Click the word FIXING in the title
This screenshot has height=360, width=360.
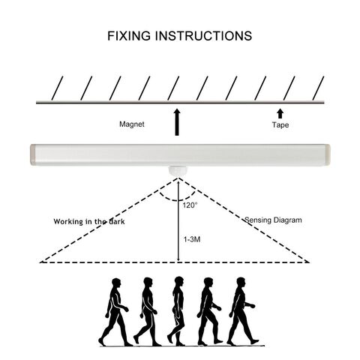129,36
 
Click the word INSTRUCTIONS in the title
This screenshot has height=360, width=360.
203,36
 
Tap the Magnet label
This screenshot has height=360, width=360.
132,124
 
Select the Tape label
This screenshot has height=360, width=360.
280,124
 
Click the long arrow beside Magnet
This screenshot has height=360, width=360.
177,122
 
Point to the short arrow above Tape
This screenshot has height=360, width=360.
280,113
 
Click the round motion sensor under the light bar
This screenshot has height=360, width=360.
177,170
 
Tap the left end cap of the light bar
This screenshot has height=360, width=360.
33,155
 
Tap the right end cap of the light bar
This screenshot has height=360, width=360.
328,155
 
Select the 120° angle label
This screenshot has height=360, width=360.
190,205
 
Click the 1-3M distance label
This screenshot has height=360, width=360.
192,239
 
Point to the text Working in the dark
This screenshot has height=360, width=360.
89,221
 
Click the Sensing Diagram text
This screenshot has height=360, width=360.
273,220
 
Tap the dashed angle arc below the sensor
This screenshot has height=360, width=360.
178,200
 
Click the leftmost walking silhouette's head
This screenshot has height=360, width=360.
116,283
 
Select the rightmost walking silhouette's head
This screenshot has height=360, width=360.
241,282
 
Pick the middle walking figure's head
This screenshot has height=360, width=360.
179,281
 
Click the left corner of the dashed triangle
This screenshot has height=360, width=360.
40,262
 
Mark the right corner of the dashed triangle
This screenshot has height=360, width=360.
310,262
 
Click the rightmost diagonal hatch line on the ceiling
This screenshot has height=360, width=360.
318,88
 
